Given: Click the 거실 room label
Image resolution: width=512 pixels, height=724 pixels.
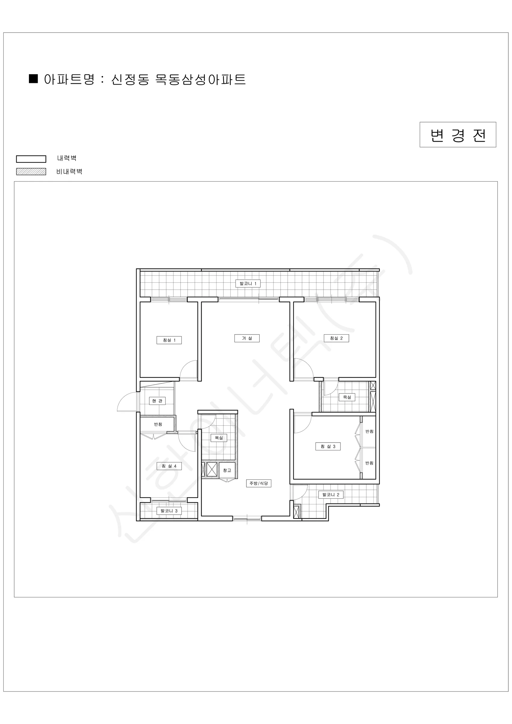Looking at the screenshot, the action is (247, 338).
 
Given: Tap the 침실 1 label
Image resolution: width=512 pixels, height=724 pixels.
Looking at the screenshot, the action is (169, 340).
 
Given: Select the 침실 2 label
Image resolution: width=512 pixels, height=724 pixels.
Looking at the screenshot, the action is (337, 338).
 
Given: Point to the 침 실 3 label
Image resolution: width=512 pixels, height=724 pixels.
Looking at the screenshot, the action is (328, 446).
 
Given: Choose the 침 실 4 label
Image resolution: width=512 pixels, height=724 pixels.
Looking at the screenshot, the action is (169, 466).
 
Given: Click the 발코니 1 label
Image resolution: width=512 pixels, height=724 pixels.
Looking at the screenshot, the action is (248, 284).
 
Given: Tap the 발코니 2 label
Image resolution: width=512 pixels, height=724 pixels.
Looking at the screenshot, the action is (331, 495).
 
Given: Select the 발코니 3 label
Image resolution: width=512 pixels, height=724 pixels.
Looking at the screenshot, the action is (169, 511).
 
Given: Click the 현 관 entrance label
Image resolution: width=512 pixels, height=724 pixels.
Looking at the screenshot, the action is (157, 401).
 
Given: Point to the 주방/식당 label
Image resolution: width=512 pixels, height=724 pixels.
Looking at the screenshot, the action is (258, 483).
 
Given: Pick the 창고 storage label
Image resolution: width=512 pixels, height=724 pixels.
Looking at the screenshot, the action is (227, 471).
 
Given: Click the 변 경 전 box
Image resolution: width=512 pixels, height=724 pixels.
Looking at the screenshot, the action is (458, 135).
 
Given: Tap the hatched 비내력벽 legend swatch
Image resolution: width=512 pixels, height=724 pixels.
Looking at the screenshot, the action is (31, 172).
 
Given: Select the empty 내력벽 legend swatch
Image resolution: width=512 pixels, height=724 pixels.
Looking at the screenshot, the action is (31, 159).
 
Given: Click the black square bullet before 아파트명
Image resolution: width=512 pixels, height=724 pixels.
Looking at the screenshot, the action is (33, 78).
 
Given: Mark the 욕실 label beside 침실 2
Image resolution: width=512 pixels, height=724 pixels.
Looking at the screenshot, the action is (347, 397).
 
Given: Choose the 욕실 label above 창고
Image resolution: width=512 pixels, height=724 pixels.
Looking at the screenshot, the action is (219, 438).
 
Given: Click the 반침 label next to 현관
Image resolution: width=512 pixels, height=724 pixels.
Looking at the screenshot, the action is (158, 424).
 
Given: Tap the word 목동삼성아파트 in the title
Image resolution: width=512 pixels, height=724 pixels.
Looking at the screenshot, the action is (201, 79).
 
